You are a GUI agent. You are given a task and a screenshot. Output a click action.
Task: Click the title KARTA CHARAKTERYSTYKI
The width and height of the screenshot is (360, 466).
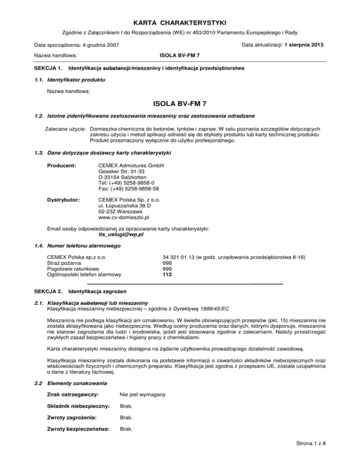pos(180,22)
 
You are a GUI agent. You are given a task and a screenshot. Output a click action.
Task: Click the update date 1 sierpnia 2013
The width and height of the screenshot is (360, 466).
pos(304,45)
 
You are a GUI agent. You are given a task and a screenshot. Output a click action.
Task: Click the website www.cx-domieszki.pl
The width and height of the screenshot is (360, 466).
pos(124,218)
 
